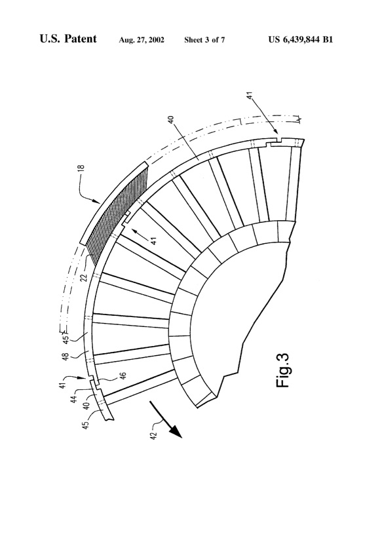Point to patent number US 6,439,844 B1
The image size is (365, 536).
(x=301, y=39)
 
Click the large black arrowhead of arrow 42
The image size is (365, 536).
(x=176, y=434)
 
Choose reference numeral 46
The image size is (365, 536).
(x=123, y=377)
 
